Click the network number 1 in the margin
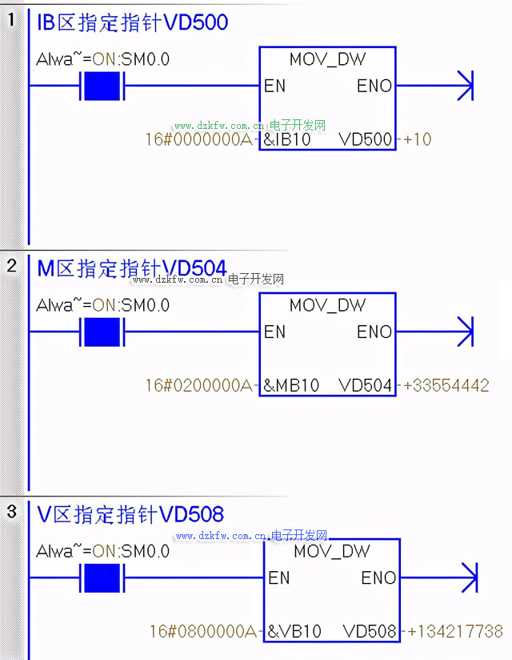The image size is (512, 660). pyautogui.click(x=11, y=20)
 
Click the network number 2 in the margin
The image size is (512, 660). pyautogui.click(x=11, y=266)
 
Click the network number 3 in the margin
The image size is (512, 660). pyautogui.click(x=11, y=512)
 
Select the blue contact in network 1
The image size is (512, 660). pyautogui.click(x=102, y=86)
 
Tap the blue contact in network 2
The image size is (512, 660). pyautogui.click(x=102, y=332)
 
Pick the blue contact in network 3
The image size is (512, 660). pyautogui.click(x=102, y=577)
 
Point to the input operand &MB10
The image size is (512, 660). pyautogui.click(x=292, y=385)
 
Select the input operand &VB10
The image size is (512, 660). pyautogui.click(x=295, y=631)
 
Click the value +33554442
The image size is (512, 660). pyautogui.click(x=446, y=385)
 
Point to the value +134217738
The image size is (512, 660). pyautogui.click(x=455, y=631)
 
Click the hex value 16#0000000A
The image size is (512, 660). pyautogui.click(x=198, y=139)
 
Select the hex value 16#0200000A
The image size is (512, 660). pyautogui.click(x=198, y=385)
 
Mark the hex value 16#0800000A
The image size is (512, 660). pyautogui.click(x=203, y=631)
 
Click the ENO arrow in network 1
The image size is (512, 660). pyautogui.click(x=465, y=86)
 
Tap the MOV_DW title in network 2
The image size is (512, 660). pyautogui.click(x=327, y=305)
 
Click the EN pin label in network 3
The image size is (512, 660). pyautogui.click(x=279, y=577)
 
